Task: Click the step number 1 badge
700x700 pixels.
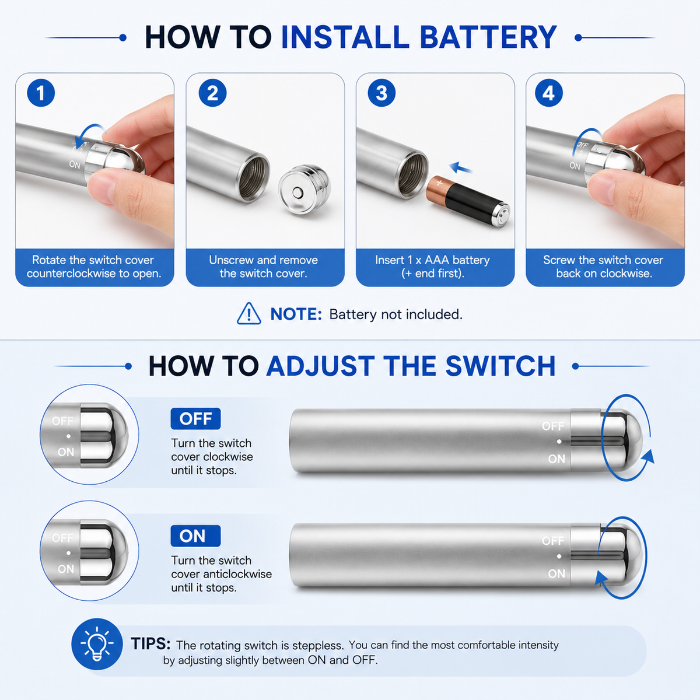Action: tap(41, 93)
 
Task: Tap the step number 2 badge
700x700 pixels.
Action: tap(212, 93)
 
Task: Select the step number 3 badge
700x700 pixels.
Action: tap(381, 93)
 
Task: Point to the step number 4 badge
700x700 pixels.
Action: tap(549, 93)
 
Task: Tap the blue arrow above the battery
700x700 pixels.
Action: tap(461, 167)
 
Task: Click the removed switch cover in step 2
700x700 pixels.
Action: tap(304, 191)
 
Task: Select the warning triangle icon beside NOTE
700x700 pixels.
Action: tap(249, 313)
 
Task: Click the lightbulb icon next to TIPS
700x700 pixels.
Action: tap(97, 644)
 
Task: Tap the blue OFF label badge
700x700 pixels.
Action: tap(195, 418)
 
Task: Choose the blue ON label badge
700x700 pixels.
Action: tap(195, 536)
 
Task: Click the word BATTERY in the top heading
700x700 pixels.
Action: tap(488, 37)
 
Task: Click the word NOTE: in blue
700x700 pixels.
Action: tap(296, 314)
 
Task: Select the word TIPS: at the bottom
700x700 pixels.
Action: tap(150, 643)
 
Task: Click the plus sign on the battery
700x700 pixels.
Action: tap(440, 183)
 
